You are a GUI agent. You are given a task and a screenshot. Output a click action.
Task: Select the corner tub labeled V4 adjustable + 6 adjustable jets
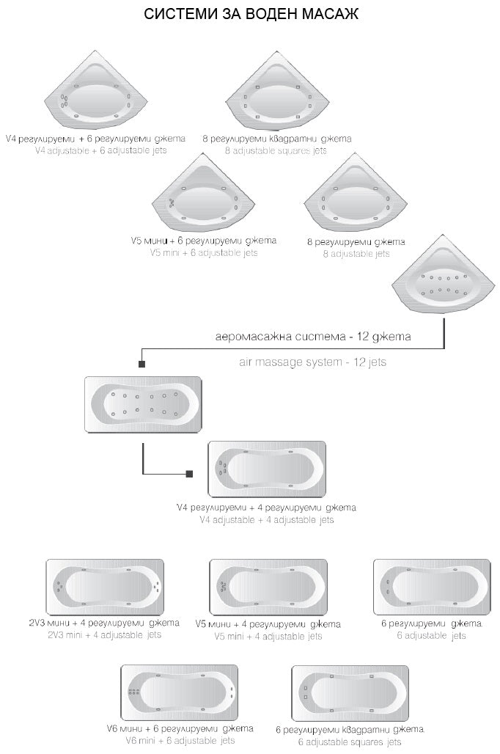click(95, 95)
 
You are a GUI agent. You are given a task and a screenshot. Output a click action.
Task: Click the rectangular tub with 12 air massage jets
click(143, 405)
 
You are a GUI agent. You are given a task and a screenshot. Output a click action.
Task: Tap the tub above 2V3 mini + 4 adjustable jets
click(105, 587)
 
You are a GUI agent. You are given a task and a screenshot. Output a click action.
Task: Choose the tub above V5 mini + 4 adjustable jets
click(267, 587)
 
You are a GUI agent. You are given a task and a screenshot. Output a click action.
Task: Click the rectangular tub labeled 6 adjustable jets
click(430, 587)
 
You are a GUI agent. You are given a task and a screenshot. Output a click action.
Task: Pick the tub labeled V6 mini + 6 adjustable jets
click(180, 692)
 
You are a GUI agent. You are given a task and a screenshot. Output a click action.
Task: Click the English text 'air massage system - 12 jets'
click(313, 362)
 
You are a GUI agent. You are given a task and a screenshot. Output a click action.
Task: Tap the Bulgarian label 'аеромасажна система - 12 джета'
click(313, 337)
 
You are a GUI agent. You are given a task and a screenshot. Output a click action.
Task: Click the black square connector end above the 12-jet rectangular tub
click(141, 363)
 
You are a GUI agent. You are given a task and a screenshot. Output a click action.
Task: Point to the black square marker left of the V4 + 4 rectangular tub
click(190, 474)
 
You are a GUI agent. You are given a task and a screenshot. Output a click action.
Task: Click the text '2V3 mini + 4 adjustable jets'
click(104, 635)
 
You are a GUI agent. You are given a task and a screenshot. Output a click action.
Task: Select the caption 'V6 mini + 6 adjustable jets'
click(180, 741)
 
